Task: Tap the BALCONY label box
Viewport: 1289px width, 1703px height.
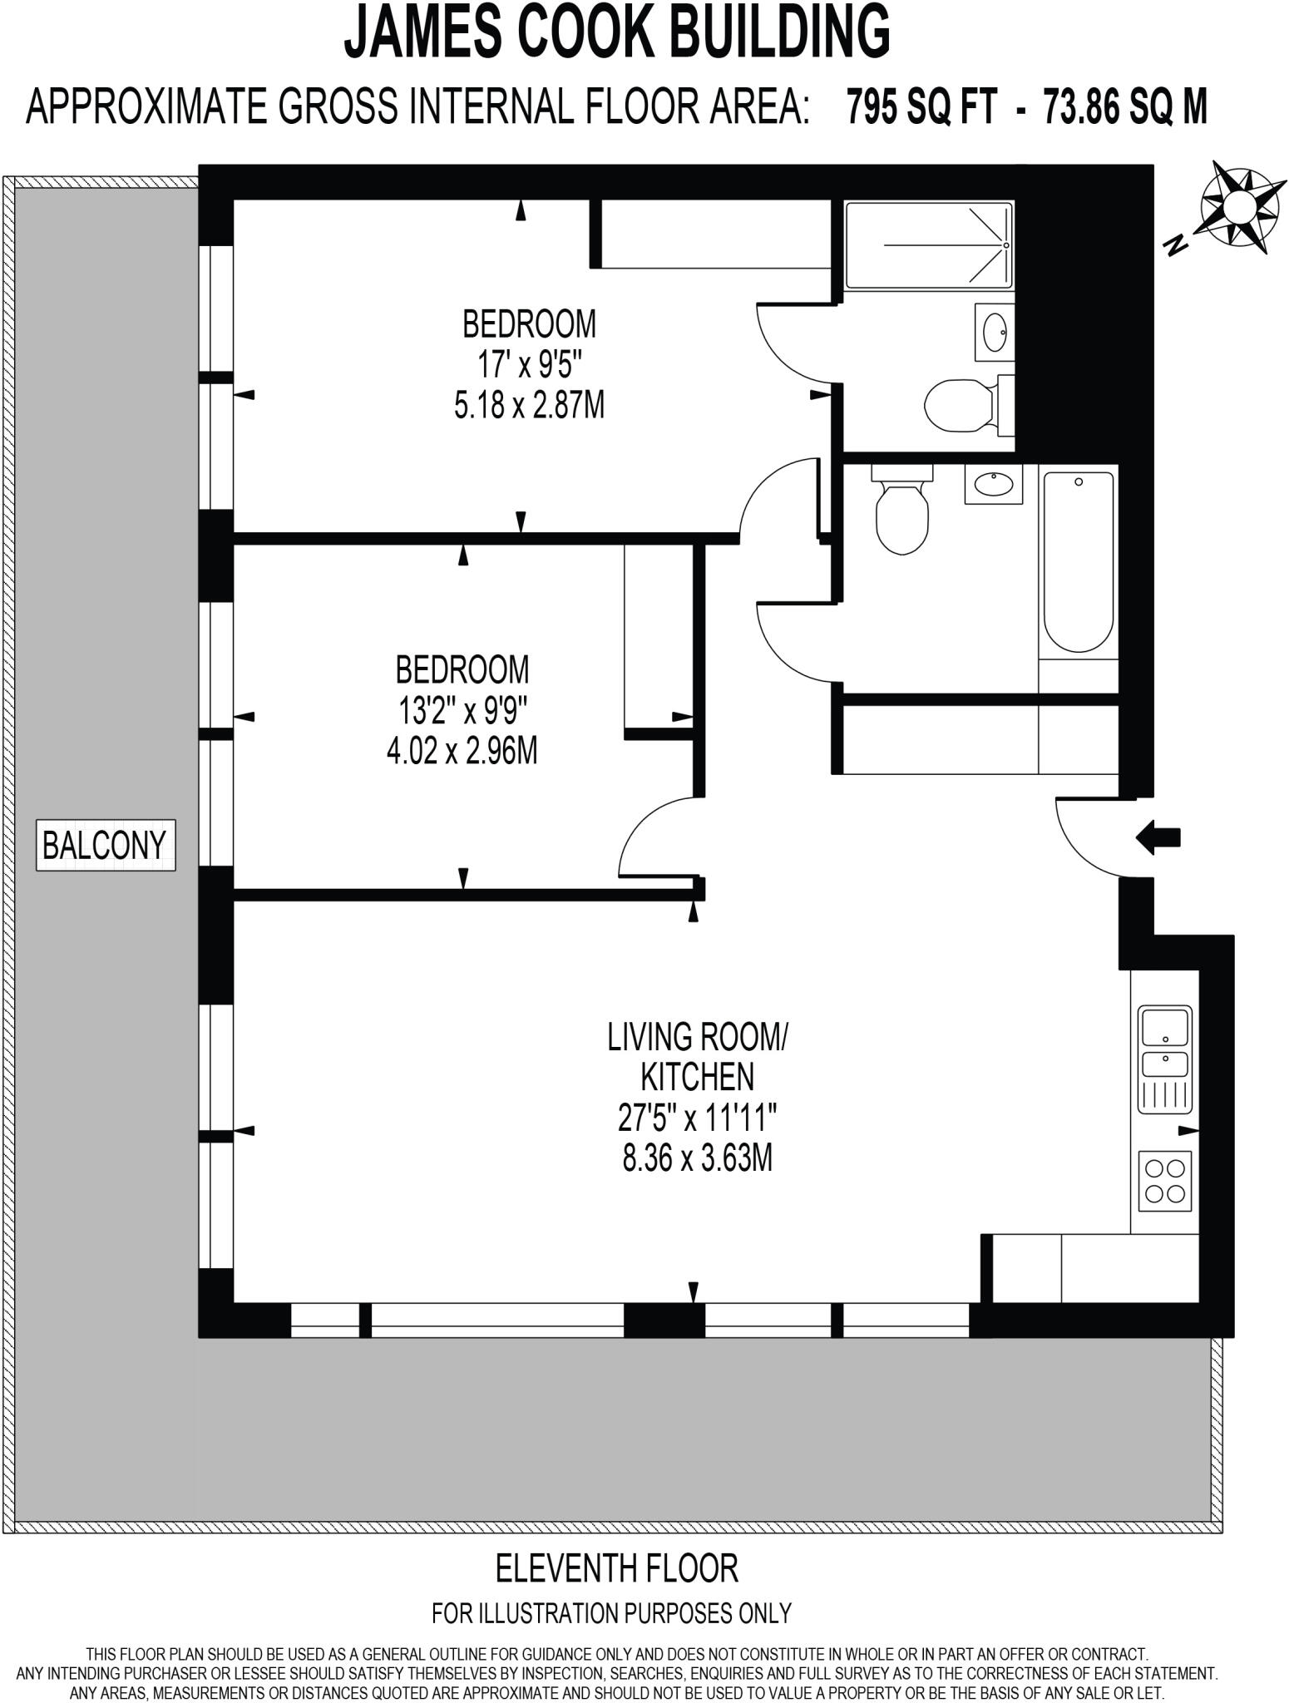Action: pos(105,846)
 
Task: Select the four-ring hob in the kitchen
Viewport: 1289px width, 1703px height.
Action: pos(1164,1181)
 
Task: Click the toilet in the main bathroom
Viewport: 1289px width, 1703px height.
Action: pos(901,511)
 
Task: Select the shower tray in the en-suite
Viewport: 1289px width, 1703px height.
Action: pos(929,245)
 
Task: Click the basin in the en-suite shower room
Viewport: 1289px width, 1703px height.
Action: pos(995,332)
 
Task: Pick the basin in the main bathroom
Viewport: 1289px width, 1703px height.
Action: pos(993,483)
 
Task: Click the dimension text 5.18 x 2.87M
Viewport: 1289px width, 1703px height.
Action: pos(529,406)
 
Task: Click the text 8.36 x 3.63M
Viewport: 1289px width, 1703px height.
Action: pos(697,1158)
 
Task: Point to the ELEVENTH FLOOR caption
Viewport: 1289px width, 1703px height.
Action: pos(616,1568)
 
